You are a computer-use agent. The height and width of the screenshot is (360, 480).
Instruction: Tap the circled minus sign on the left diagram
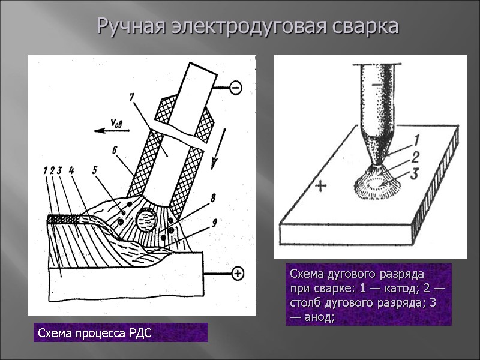235,88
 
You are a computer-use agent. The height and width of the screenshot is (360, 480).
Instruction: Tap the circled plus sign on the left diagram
238,274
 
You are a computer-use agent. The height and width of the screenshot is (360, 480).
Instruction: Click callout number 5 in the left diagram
94,170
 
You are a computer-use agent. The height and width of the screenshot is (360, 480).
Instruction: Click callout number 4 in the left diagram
71,170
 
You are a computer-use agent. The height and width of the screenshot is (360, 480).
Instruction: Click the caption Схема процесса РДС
95,333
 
